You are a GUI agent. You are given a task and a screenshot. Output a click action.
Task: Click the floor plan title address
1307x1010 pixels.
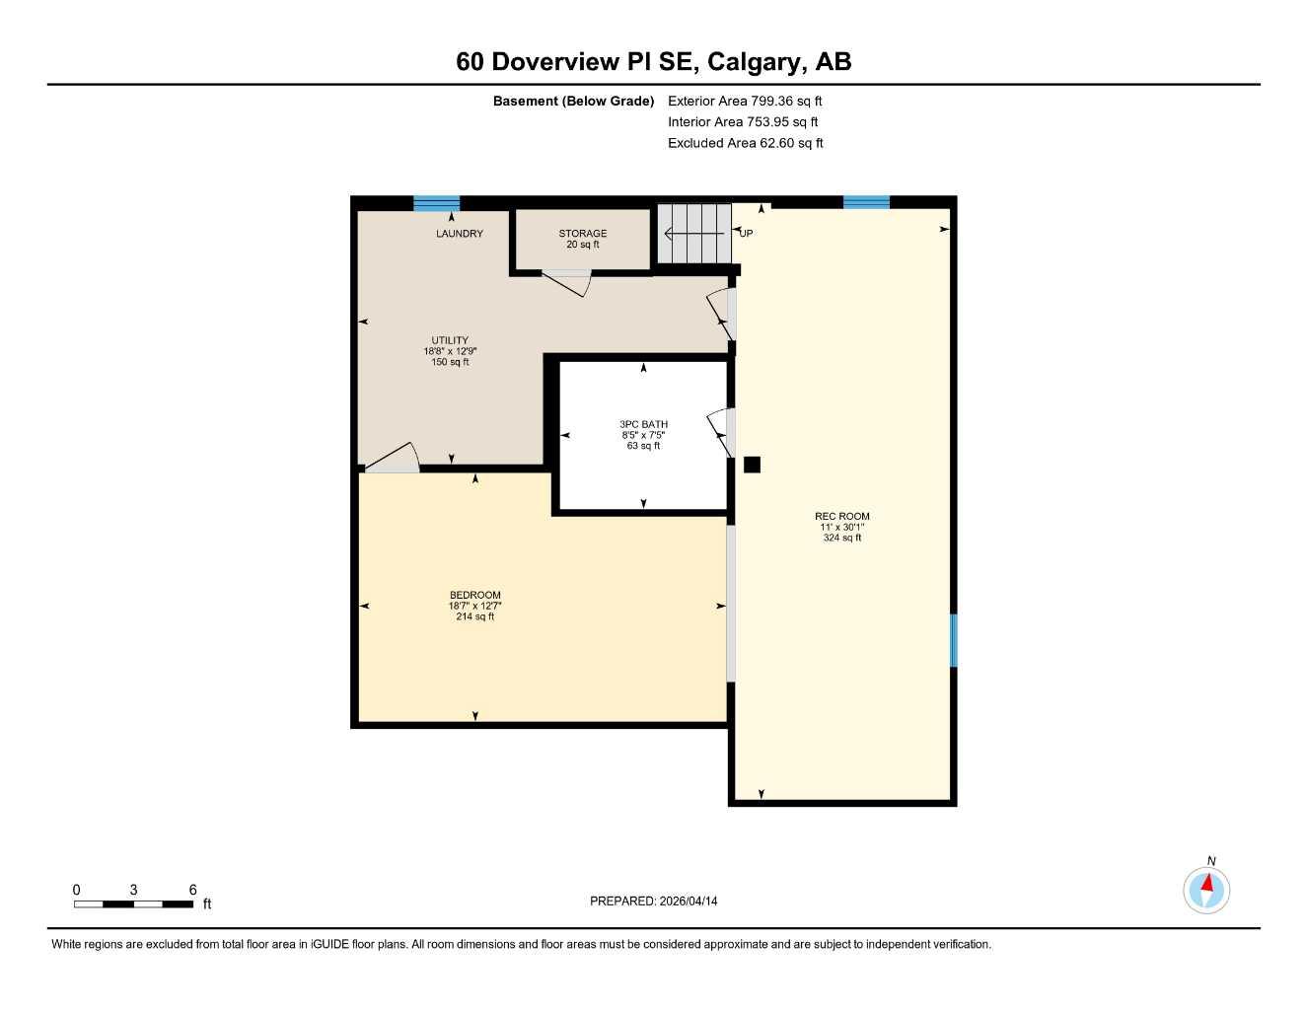(653, 61)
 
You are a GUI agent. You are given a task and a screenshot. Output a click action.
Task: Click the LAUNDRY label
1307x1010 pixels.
(460, 234)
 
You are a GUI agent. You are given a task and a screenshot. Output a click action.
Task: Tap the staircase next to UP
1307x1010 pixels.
(694, 234)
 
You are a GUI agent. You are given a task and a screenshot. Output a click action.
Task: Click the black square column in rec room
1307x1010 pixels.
(752, 465)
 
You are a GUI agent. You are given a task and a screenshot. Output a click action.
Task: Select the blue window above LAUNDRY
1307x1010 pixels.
(436, 203)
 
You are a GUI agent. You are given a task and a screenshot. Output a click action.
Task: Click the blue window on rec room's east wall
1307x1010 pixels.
(953, 640)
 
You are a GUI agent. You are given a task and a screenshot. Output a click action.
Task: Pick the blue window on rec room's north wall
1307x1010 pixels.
(866, 202)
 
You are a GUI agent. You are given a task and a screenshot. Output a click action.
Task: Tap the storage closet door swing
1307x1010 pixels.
(568, 282)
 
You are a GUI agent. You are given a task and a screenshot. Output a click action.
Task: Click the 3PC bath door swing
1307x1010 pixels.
(720, 432)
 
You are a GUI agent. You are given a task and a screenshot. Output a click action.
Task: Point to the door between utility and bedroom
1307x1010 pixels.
(392, 460)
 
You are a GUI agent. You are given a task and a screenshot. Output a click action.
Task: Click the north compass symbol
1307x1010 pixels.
(1206, 890)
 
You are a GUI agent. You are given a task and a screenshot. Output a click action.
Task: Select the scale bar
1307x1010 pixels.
(134, 903)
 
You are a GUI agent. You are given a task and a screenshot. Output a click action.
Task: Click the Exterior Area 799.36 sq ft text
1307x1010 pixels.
(745, 101)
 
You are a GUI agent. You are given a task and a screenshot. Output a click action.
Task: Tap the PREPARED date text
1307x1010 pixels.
(653, 901)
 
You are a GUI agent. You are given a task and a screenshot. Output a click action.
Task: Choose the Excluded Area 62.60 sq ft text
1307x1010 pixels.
(745, 143)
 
